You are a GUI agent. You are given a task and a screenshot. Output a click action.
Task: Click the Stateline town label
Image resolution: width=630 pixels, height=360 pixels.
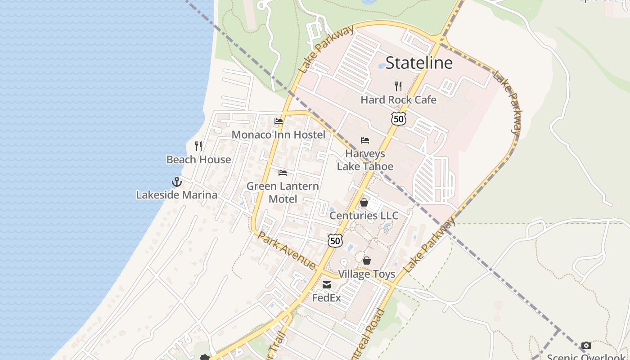[x=419, y=63]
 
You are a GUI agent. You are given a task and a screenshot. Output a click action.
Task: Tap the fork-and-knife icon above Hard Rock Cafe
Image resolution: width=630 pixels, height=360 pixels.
[x=398, y=86]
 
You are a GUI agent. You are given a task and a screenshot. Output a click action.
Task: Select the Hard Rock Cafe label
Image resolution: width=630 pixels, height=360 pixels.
[x=398, y=99]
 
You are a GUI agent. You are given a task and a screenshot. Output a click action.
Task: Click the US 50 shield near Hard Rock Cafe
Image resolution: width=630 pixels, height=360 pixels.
[x=398, y=118]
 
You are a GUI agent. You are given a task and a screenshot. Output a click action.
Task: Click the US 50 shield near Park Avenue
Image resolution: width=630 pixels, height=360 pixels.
[x=335, y=241]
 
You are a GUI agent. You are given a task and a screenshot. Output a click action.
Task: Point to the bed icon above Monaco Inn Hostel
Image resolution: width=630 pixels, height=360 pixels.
[x=279, y=121]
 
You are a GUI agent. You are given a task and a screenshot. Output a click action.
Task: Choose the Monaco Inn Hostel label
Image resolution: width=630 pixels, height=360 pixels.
[x=278, y=135]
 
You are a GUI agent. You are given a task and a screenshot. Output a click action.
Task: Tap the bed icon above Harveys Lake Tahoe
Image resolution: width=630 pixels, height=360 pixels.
[x=365, y=140]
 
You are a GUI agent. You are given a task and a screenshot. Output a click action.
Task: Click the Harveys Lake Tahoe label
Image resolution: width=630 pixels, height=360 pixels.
[x=365, y=160]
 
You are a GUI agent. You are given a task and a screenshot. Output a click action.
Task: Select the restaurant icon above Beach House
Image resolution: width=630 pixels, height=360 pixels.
[x=198, y=146]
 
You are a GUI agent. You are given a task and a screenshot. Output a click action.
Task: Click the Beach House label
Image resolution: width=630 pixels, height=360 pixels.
[x=198, y=159]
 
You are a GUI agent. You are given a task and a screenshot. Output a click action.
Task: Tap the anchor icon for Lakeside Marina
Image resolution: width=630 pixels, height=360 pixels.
[x=177, y=182]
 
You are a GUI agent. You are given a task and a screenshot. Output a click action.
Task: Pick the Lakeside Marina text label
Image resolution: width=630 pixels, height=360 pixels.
[x=177, y=195]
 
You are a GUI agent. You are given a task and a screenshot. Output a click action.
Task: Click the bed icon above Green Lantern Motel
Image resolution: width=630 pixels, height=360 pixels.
[x=283, y=172]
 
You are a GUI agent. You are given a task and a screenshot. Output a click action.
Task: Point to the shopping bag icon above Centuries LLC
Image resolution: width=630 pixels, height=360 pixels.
[x=364, y=202]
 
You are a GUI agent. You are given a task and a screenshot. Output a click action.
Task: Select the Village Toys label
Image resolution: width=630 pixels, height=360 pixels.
[x=366, y=274]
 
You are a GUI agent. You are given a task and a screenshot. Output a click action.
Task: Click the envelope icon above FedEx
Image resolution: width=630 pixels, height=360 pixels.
[x=327, y=284]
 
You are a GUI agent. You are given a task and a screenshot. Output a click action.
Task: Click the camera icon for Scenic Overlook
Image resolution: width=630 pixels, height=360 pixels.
[x=586, y=345]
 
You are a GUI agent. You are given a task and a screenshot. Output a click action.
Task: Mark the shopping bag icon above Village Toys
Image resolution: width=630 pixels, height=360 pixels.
[x=367, y=261]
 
